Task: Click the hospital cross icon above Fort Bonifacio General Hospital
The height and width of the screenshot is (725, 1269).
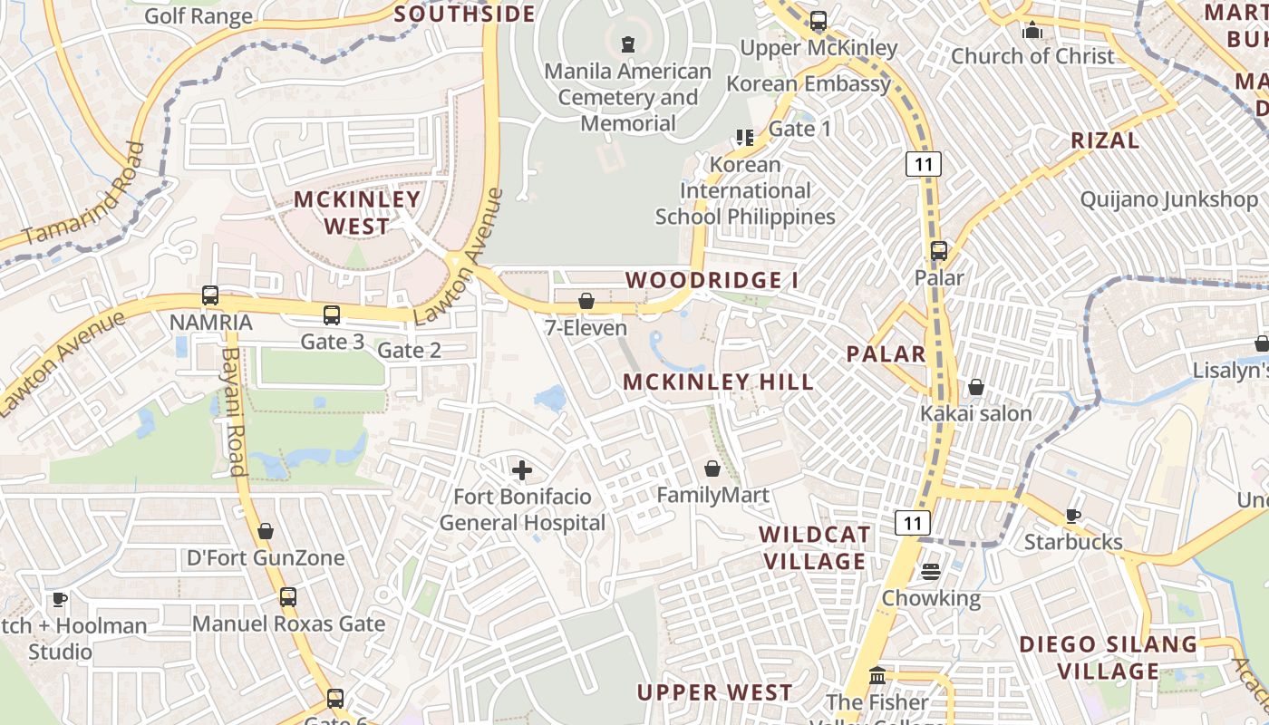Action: (x=522, y=469)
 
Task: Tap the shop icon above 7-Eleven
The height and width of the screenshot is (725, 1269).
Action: (x=586, y=300)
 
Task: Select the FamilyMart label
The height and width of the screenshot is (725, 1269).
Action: (x=712, y=495)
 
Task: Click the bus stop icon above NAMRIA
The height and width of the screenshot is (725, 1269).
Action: (x=210, y=295)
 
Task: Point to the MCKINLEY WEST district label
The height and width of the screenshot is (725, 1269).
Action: (x=357, y=212)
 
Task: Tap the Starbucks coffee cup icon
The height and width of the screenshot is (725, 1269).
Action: (x=1073, y=516)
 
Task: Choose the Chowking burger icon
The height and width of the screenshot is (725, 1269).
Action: (x=931, y=572)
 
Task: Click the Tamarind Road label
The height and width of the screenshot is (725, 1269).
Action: (x=83, y=195)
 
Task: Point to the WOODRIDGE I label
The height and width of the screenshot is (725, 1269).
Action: (x=712, y=280)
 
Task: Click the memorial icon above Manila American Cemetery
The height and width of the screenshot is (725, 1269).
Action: (x=627, y=43)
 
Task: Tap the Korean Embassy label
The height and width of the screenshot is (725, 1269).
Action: (x=809, y=83)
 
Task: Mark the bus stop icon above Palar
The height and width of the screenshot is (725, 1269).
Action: (x=939, y=251)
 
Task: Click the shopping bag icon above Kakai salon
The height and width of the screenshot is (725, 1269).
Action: (x=976, y=387)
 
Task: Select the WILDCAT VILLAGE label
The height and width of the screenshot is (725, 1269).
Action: (x=815, y=547)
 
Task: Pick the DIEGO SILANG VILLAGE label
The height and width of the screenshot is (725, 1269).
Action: (x=1109, y=657)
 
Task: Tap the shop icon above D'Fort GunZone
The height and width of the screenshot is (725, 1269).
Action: (x=266, y=530)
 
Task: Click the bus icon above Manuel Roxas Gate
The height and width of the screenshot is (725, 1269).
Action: (x=288, y=597)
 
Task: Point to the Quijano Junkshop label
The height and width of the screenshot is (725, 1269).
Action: (x=1169, y=199)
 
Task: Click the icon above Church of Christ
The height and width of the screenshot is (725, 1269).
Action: (x=1032, y=30)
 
